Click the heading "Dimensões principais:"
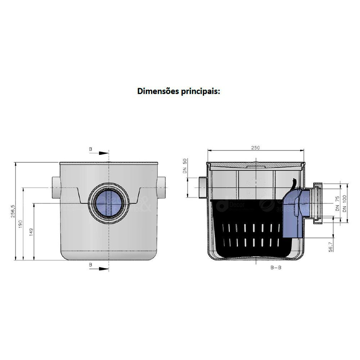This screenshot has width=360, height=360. [179, 91]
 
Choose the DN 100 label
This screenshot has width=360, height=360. [345, 204]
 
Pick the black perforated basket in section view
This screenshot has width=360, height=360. [248, 230]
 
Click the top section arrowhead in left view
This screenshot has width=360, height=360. [104, 153]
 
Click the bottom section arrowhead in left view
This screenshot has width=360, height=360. [104, 268]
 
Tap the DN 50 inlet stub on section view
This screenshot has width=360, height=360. [202, 187]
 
